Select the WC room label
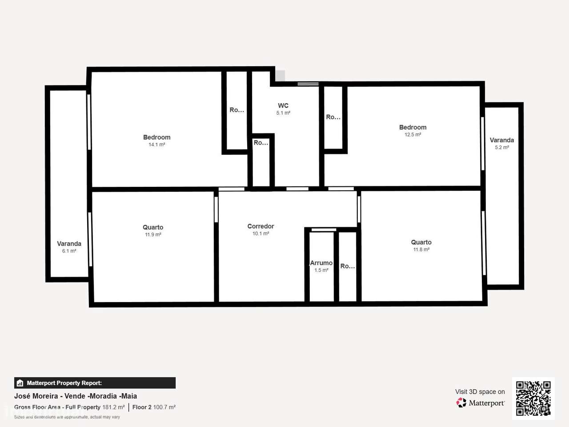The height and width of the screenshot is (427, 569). click(x=283, y=106)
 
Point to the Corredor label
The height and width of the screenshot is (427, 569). click(x=260, y=226)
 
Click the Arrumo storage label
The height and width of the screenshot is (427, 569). click(x=321, y=263)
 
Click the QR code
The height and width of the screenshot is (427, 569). click(x=533, y=398)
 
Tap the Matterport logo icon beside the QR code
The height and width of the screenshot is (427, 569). click(x=461, y=403)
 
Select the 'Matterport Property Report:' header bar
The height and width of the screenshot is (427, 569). click(x=95, y=383)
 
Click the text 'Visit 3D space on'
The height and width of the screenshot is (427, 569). click(x=480, y=392)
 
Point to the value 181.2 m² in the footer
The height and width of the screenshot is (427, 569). click(x=113, y=407)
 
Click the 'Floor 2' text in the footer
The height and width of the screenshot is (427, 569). click(x=142, y=407)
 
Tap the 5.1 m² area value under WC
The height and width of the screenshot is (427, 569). click(x=283, y=113)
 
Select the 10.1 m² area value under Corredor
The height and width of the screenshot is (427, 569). click(x=260, y=234)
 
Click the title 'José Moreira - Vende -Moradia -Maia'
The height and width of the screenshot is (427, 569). click(x=76, y=396)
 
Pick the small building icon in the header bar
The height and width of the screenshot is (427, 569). click(x=20, y=383)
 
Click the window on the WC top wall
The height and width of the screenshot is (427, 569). click(x=308, y=84)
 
